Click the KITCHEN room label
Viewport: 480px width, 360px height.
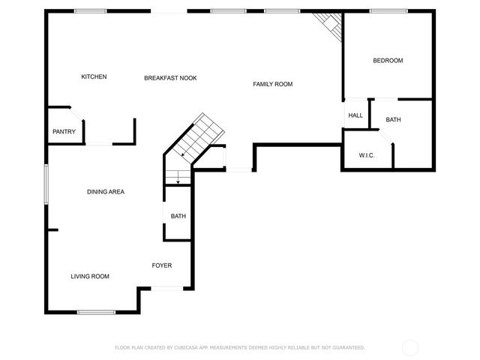(94, 77)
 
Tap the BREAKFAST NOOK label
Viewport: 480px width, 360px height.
(170, 77)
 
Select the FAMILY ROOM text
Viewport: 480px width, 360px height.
(272, 84)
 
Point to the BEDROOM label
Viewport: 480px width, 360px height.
(388, 61)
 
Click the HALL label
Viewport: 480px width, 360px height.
(355, 115)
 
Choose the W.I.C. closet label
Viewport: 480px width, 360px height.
(367, 155)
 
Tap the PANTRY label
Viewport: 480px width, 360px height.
(64, 132)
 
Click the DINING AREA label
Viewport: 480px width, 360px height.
(105, 192)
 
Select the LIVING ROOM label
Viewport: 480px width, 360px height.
(90, 277)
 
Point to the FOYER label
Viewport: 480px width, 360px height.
(162, 265)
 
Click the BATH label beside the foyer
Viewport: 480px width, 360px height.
(178, 217)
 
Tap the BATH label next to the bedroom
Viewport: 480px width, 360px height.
(394, 120)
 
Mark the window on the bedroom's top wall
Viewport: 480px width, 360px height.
(388, 11)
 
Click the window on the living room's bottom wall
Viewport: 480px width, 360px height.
(96, 311)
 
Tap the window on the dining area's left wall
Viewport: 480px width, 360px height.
(46, 184)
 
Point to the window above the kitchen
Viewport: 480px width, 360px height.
(90, 11)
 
